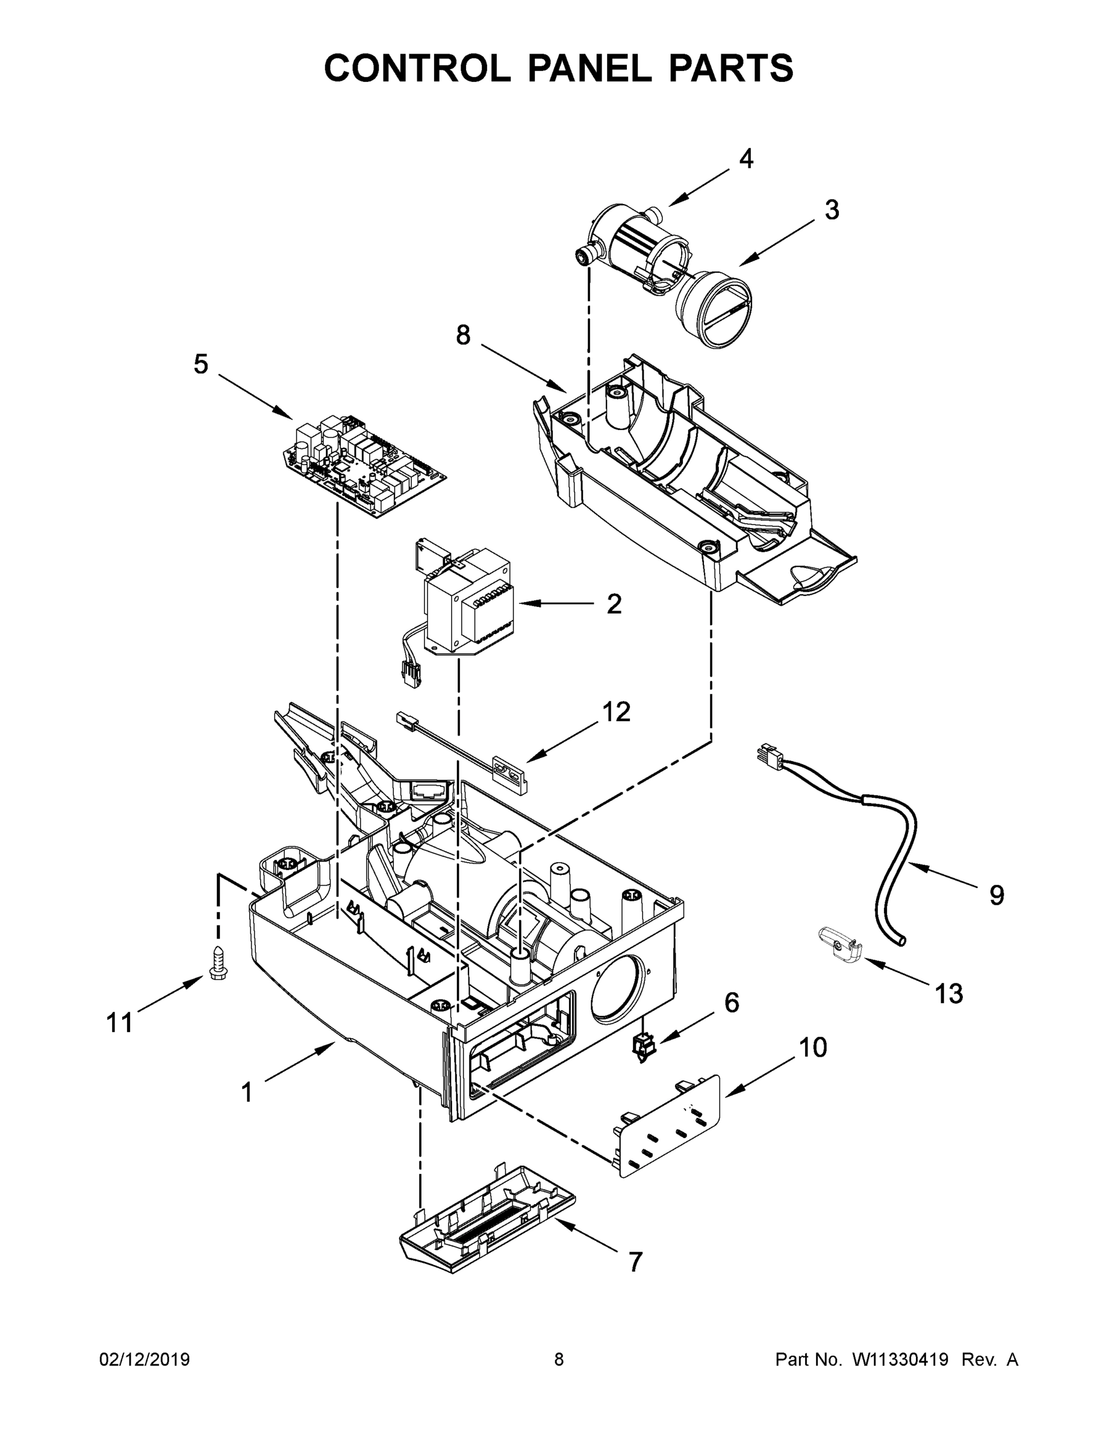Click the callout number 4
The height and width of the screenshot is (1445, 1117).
point(745,159)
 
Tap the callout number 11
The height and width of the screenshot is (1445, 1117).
point(120,1023)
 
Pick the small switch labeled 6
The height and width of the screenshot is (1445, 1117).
point(641,1048)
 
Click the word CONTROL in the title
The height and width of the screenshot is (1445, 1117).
point(417,68)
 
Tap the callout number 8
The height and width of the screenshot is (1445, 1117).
point(463,335)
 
